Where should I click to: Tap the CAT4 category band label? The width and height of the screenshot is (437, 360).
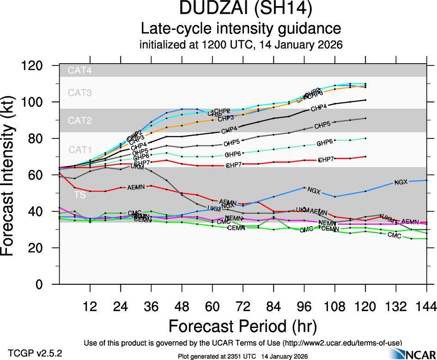coord(80,71)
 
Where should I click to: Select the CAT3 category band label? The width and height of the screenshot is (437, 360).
coord(80,93)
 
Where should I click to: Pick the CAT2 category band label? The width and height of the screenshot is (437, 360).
coord(80,121)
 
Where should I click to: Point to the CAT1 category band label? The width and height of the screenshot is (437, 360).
coord(80,150)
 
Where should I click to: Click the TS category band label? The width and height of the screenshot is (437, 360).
coord(80,195)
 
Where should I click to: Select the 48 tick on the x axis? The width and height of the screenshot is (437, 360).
coord(182,306)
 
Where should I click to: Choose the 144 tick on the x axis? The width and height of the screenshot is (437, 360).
coord(425,306)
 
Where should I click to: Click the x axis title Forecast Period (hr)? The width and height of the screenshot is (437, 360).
coord(243,327)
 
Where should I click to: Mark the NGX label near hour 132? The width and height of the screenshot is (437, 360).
coord(401,182)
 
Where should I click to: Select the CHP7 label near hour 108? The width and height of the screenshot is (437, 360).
coord(326,160)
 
